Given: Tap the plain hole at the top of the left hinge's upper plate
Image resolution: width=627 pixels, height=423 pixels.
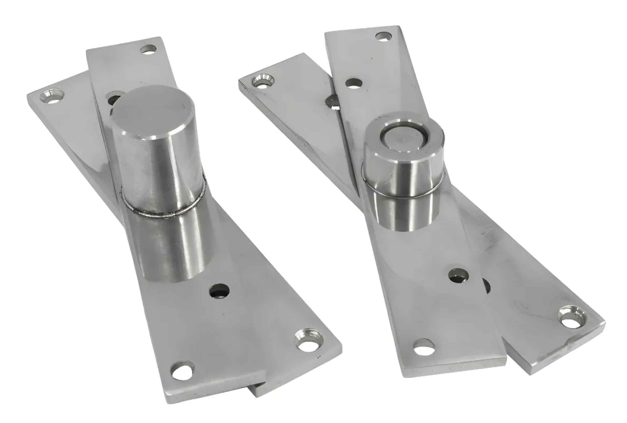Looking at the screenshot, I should click(149, 50).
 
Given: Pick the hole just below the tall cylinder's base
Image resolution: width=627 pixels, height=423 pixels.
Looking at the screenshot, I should click(219, 291).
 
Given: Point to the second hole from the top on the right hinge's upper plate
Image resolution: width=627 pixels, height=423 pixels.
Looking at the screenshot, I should click(354, 83).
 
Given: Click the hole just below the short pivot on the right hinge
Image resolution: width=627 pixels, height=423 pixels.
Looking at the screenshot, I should click(458, 276).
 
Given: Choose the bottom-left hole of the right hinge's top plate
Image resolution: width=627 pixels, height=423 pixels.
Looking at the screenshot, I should click(424, 347).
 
